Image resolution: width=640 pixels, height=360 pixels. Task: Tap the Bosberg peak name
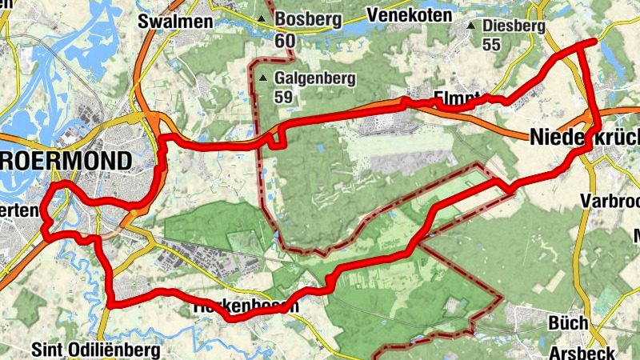[307, 18]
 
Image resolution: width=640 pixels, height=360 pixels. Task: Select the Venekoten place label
[410, 14]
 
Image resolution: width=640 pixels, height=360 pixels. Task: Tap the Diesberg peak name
[514, 26]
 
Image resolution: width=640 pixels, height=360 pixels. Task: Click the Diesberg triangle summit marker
[471, 26]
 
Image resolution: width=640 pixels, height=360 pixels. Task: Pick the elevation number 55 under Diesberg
[491, 46]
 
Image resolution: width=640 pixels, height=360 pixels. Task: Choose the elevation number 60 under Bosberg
[282, 38]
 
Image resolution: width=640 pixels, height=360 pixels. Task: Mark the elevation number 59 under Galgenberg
[283, 98]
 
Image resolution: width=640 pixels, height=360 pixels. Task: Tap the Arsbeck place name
[582, 353]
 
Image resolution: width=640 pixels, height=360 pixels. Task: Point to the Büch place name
[568, 323]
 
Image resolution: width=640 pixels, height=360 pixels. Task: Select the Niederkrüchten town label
[584, 138]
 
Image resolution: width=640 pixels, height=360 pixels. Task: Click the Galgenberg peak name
[313, 78]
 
